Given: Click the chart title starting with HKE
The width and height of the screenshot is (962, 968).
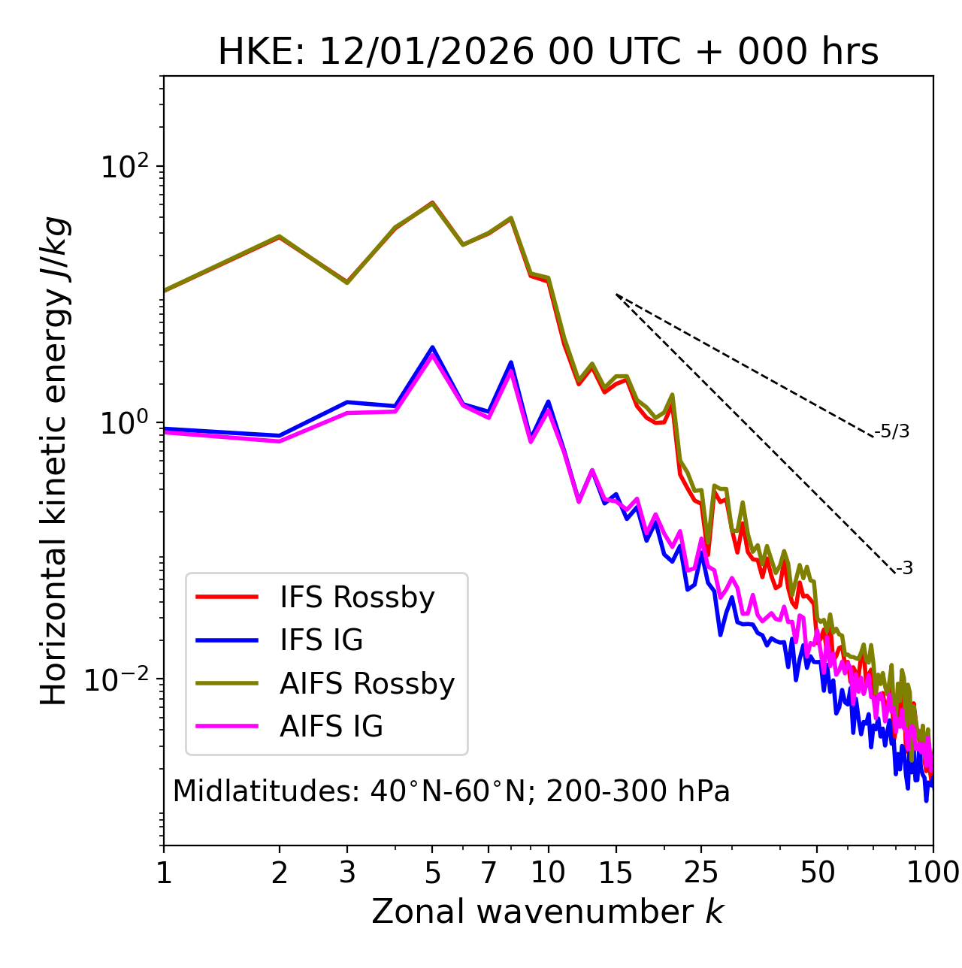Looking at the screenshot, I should coord(548,52).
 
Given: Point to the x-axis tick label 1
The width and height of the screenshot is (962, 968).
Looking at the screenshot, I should coord(164,873).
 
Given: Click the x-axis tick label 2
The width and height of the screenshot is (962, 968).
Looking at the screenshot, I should coord(280,873).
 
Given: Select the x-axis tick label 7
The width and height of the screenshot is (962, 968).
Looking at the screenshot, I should coord(489,873).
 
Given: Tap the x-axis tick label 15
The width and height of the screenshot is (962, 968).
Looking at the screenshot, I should coord(616,873).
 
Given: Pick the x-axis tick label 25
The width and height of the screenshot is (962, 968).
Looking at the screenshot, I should coord(701,873).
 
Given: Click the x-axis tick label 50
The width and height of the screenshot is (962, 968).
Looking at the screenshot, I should coord(817,873).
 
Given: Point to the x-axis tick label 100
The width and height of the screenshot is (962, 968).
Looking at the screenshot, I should coord(933,873).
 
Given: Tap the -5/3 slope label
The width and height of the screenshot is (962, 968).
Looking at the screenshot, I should coord(892,431).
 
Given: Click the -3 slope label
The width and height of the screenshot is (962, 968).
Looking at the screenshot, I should coord(904,569).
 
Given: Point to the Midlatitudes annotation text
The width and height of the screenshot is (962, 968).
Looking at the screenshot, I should coord(451,791).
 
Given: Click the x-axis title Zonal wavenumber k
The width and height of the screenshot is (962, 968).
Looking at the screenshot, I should coord(548,912).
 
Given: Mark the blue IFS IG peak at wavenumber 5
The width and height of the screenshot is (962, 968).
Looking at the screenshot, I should coord(432,347).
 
